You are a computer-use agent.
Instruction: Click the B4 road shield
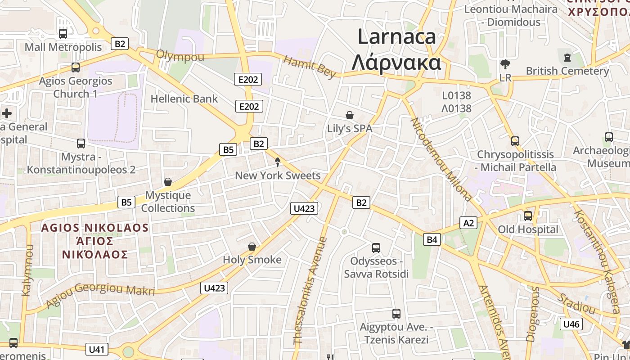point(432,240)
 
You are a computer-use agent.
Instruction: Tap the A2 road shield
point(468,223)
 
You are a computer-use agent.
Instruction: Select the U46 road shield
point(571,324)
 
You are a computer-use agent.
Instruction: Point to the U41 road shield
point(97,349)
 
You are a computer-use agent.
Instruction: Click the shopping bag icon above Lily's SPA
point(350,115)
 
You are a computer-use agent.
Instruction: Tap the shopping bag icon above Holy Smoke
point(252,247)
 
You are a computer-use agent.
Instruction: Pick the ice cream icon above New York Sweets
point(278,162)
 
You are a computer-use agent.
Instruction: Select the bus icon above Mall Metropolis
point(63,33)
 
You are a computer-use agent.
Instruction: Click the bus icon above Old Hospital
point(528,216)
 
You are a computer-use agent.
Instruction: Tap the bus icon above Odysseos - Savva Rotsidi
point(376,247)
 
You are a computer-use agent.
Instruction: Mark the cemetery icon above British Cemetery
point(567,58)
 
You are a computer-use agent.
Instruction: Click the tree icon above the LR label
point(505,64)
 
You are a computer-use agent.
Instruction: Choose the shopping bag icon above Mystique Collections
point(168,182)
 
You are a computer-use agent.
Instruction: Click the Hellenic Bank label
point(184,99)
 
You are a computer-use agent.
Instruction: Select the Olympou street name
point(180,56)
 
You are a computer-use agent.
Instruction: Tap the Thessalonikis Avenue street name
point(310,291)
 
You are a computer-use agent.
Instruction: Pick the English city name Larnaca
point(396,36)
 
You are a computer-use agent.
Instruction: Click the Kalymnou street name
point(27,270)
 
